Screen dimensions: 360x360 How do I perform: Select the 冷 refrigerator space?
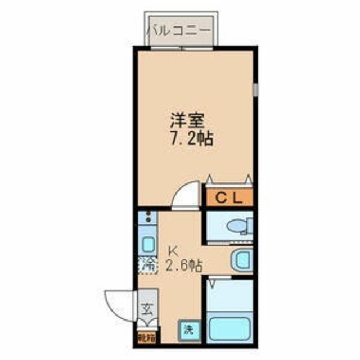tap(147, 263)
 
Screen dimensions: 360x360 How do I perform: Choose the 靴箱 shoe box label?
tap(146, 339)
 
